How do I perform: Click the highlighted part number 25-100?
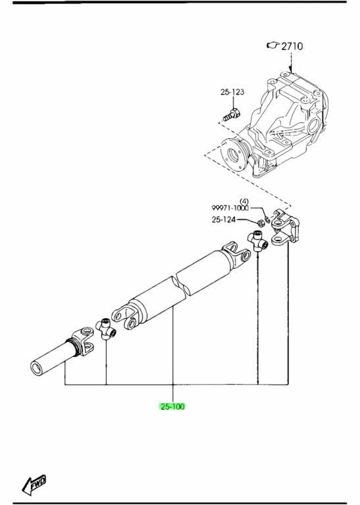click(172, 406)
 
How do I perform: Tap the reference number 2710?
click(292, 47)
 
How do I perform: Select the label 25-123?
click(232, 92)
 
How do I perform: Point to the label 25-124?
click(224, 220)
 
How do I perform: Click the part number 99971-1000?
click(230, 208)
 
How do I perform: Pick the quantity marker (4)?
click(244, 202)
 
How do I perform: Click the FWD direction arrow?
click(34, 485)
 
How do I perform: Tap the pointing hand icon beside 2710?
click(273, 45)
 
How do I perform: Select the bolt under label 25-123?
click(232, 115)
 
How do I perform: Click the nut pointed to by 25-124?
click(260, 222)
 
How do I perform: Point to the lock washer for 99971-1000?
click(267, 220)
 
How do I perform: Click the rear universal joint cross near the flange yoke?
click(258, 241)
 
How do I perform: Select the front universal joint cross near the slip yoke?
click(106, 329)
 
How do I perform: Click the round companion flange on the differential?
click(235, 155)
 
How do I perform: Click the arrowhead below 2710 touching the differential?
click(291, 70)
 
